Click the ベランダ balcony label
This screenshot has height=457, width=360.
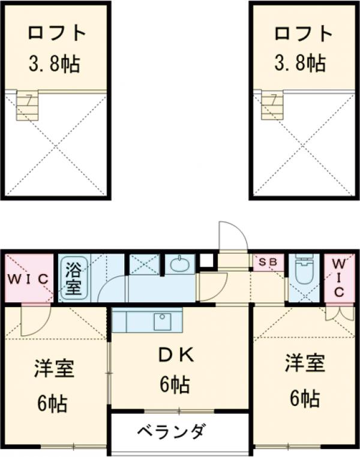click(x=171, y=431)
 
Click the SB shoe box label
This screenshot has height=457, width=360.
click(x=268, y=263)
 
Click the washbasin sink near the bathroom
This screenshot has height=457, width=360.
click(x=179, y=264)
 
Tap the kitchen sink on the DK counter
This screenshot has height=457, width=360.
click(x=162, y=321)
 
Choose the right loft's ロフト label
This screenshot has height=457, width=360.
click(x=304, y=32)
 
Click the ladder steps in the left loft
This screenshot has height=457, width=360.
click(x=26, y=106)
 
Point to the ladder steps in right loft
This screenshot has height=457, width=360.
click(x=272, y=106)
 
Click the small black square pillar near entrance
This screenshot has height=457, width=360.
click(x=207, y=261)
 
